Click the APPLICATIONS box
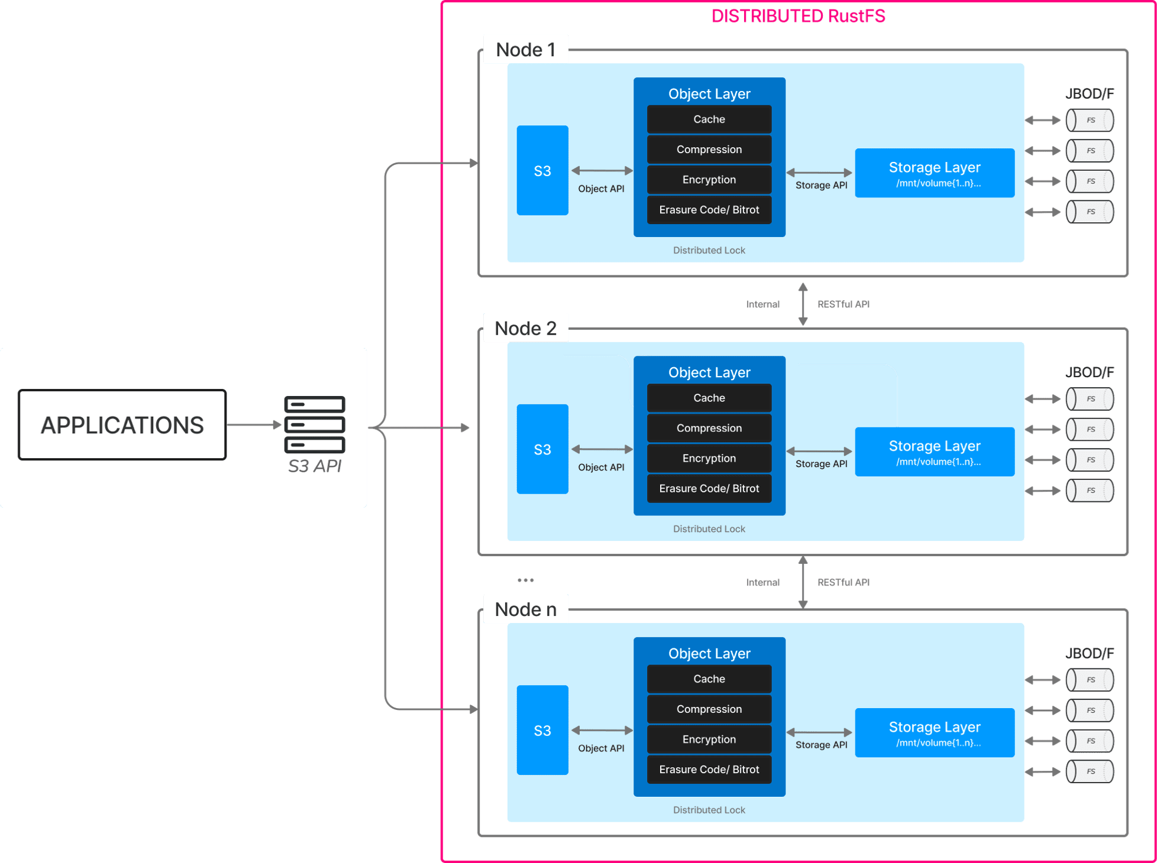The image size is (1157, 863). point(122,424)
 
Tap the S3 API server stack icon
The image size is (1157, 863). point(314,424)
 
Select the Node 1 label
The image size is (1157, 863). point(525,50)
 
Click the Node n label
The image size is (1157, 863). point(525,609)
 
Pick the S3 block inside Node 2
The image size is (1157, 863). point(542,449)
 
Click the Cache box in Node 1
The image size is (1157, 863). point(709,119)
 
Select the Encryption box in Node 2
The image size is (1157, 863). point(709,458)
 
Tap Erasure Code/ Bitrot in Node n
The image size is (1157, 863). point(709,770)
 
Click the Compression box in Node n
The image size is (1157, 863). point(709,709)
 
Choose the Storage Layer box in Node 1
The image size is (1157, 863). point(934,173)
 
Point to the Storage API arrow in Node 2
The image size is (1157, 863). point(819,452)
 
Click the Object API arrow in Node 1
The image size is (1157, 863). point(602,171)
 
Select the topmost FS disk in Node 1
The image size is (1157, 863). point(1090,120)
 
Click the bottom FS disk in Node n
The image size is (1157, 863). point(1090,771)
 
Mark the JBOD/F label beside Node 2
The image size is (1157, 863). point(1089,372)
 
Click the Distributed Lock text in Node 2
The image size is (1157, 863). point(709,529)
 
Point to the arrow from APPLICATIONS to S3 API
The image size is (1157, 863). point(253,424)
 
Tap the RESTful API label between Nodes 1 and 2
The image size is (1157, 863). point(843,304)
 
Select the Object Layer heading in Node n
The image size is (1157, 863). point(709,653)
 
